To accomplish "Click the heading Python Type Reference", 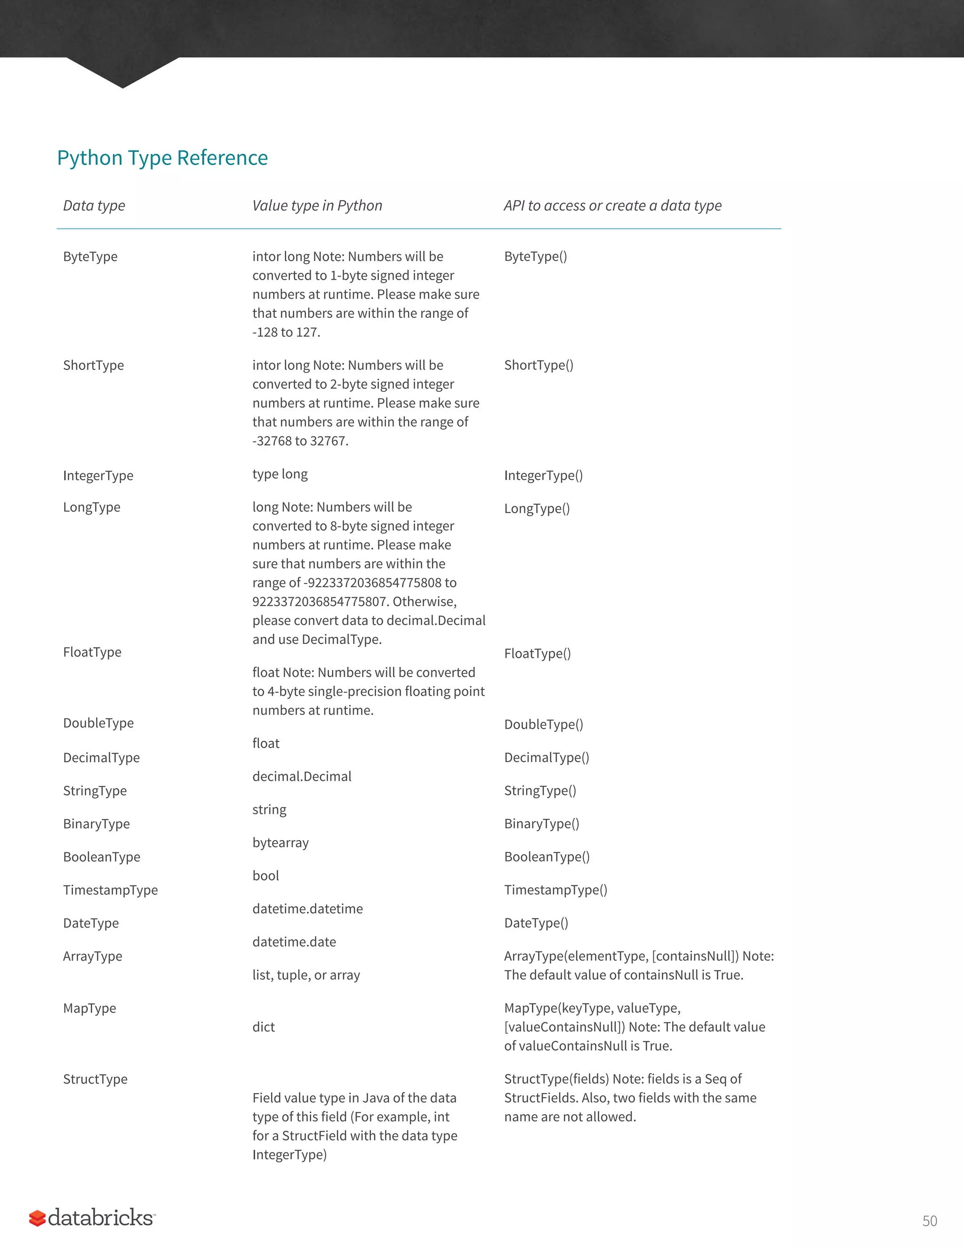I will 162,158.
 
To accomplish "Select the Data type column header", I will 94,206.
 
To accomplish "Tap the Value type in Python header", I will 317,206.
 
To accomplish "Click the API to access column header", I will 612,206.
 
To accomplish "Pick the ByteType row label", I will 90,257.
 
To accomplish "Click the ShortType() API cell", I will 538,365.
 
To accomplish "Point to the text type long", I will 280,474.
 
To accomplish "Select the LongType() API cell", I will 536,509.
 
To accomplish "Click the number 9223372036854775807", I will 320,602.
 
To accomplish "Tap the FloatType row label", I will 92,652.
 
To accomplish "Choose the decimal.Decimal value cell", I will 302,777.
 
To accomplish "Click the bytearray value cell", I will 281,843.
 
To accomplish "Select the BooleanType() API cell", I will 546,857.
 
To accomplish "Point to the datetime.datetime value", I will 307,909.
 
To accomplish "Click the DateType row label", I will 91,923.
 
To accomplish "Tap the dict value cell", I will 263,1027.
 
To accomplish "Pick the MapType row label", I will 89,1008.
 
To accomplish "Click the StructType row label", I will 95,1079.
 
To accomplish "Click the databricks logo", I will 92,1217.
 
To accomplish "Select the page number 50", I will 929,1221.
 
